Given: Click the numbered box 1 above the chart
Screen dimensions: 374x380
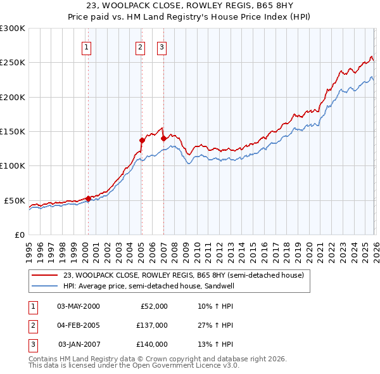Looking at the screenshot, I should pyautogui.click(x=86, y=46).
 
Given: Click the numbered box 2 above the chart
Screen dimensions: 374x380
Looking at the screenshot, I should pyautogui.click(x=139, y=46).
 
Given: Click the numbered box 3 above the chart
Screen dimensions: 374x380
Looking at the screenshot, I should pyautogui.click(x=161, y=46).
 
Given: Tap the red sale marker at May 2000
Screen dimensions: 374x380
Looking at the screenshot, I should pyautogui.click(x=88, y=198).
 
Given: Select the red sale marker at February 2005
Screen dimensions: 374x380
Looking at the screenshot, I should pyautogui.click(x=141, y=140).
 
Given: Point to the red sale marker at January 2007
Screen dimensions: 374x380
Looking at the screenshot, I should pyautogui.click(x=163, y=138).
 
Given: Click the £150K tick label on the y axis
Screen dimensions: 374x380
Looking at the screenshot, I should pyautogui.click(x=13, y=131).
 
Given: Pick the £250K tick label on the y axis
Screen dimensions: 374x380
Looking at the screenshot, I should pyautogui.click(x=13, y=63).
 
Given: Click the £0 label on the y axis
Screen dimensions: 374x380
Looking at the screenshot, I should pyautogui.click(x=19, y=235).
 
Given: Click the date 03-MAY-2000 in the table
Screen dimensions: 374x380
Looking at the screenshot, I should pyautogui.click(x=78, y=306).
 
